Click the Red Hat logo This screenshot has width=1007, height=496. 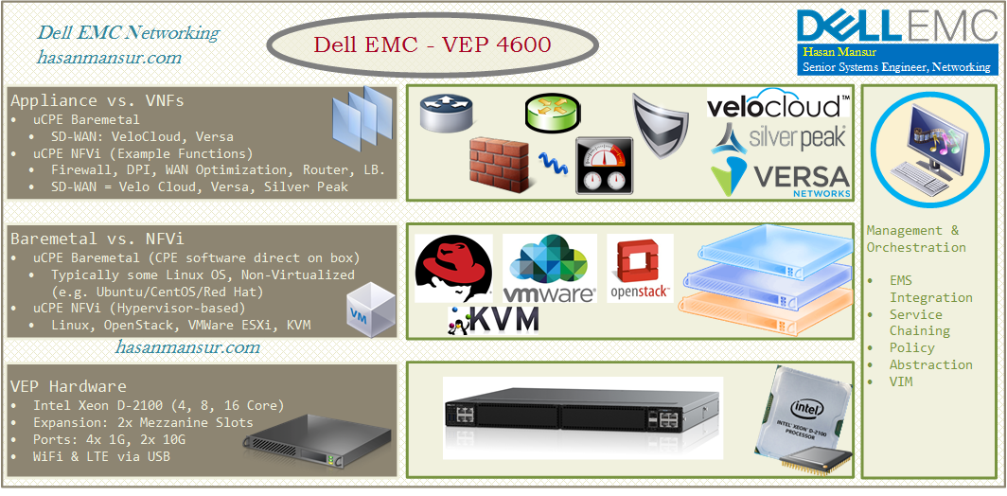pyautogui.click(x=453, y=269)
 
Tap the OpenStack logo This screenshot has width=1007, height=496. pyautogui.click(x=639, y=269)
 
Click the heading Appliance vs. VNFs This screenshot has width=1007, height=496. pyautogui.click(x=97, y=100)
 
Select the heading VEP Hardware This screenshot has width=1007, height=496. pyautogui.click(x=68, y=386)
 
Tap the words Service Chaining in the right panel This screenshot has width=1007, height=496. pyautogui.click(x=918, y=322)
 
